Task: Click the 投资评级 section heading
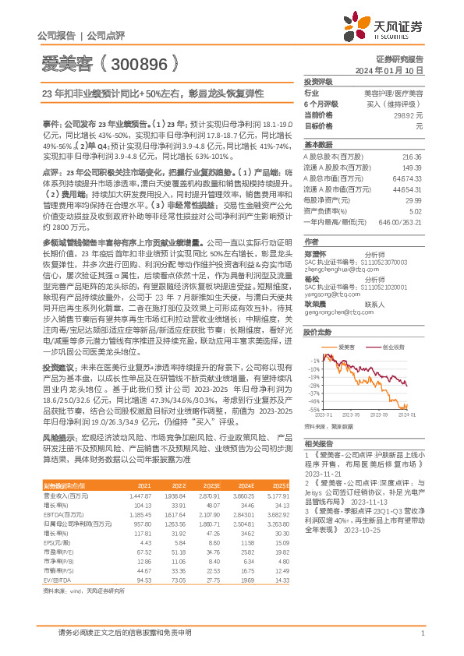(x=319, y=81)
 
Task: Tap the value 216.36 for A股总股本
(x=411, y=157)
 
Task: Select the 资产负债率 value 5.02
(x=416, y=210)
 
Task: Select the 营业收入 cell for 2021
(x=140, y=496)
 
